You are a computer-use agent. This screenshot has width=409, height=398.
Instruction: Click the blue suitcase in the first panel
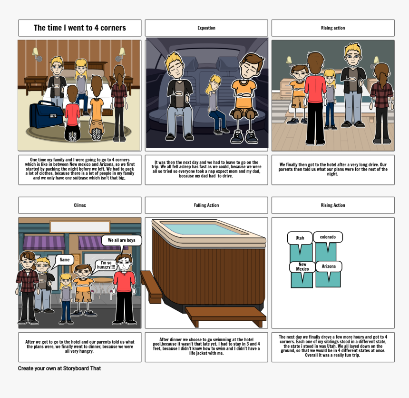(x=46, y=115)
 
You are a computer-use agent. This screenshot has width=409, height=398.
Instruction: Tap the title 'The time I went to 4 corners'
(x=80, y=28)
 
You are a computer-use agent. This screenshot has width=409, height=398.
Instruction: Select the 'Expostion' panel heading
(x=206, y=28)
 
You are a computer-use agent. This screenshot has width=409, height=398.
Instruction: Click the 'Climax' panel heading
(x=80, y=205)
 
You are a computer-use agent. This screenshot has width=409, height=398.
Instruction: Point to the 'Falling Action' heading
(x=206, y=205)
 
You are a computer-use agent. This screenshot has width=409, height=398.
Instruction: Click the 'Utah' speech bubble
(x=300, y=238)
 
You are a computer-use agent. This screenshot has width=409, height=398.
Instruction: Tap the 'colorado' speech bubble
(x=328, y=237)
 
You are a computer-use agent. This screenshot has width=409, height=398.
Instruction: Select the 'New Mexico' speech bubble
(x=302, y=266)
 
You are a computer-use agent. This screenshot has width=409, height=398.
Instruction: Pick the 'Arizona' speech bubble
(x=329, y=266)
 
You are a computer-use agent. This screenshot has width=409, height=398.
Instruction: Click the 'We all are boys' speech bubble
(x=121, y=240)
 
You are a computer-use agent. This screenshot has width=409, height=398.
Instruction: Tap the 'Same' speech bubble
(x=65, y=260)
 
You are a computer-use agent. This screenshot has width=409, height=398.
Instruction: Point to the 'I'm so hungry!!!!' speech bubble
(x=106, y=265)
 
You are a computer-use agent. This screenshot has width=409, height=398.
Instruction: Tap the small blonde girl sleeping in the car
(x=217, y=102)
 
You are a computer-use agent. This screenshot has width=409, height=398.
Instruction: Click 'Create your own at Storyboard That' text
(x=59, y=368)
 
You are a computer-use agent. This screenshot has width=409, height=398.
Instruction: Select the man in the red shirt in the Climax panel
(x=125, y=288)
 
